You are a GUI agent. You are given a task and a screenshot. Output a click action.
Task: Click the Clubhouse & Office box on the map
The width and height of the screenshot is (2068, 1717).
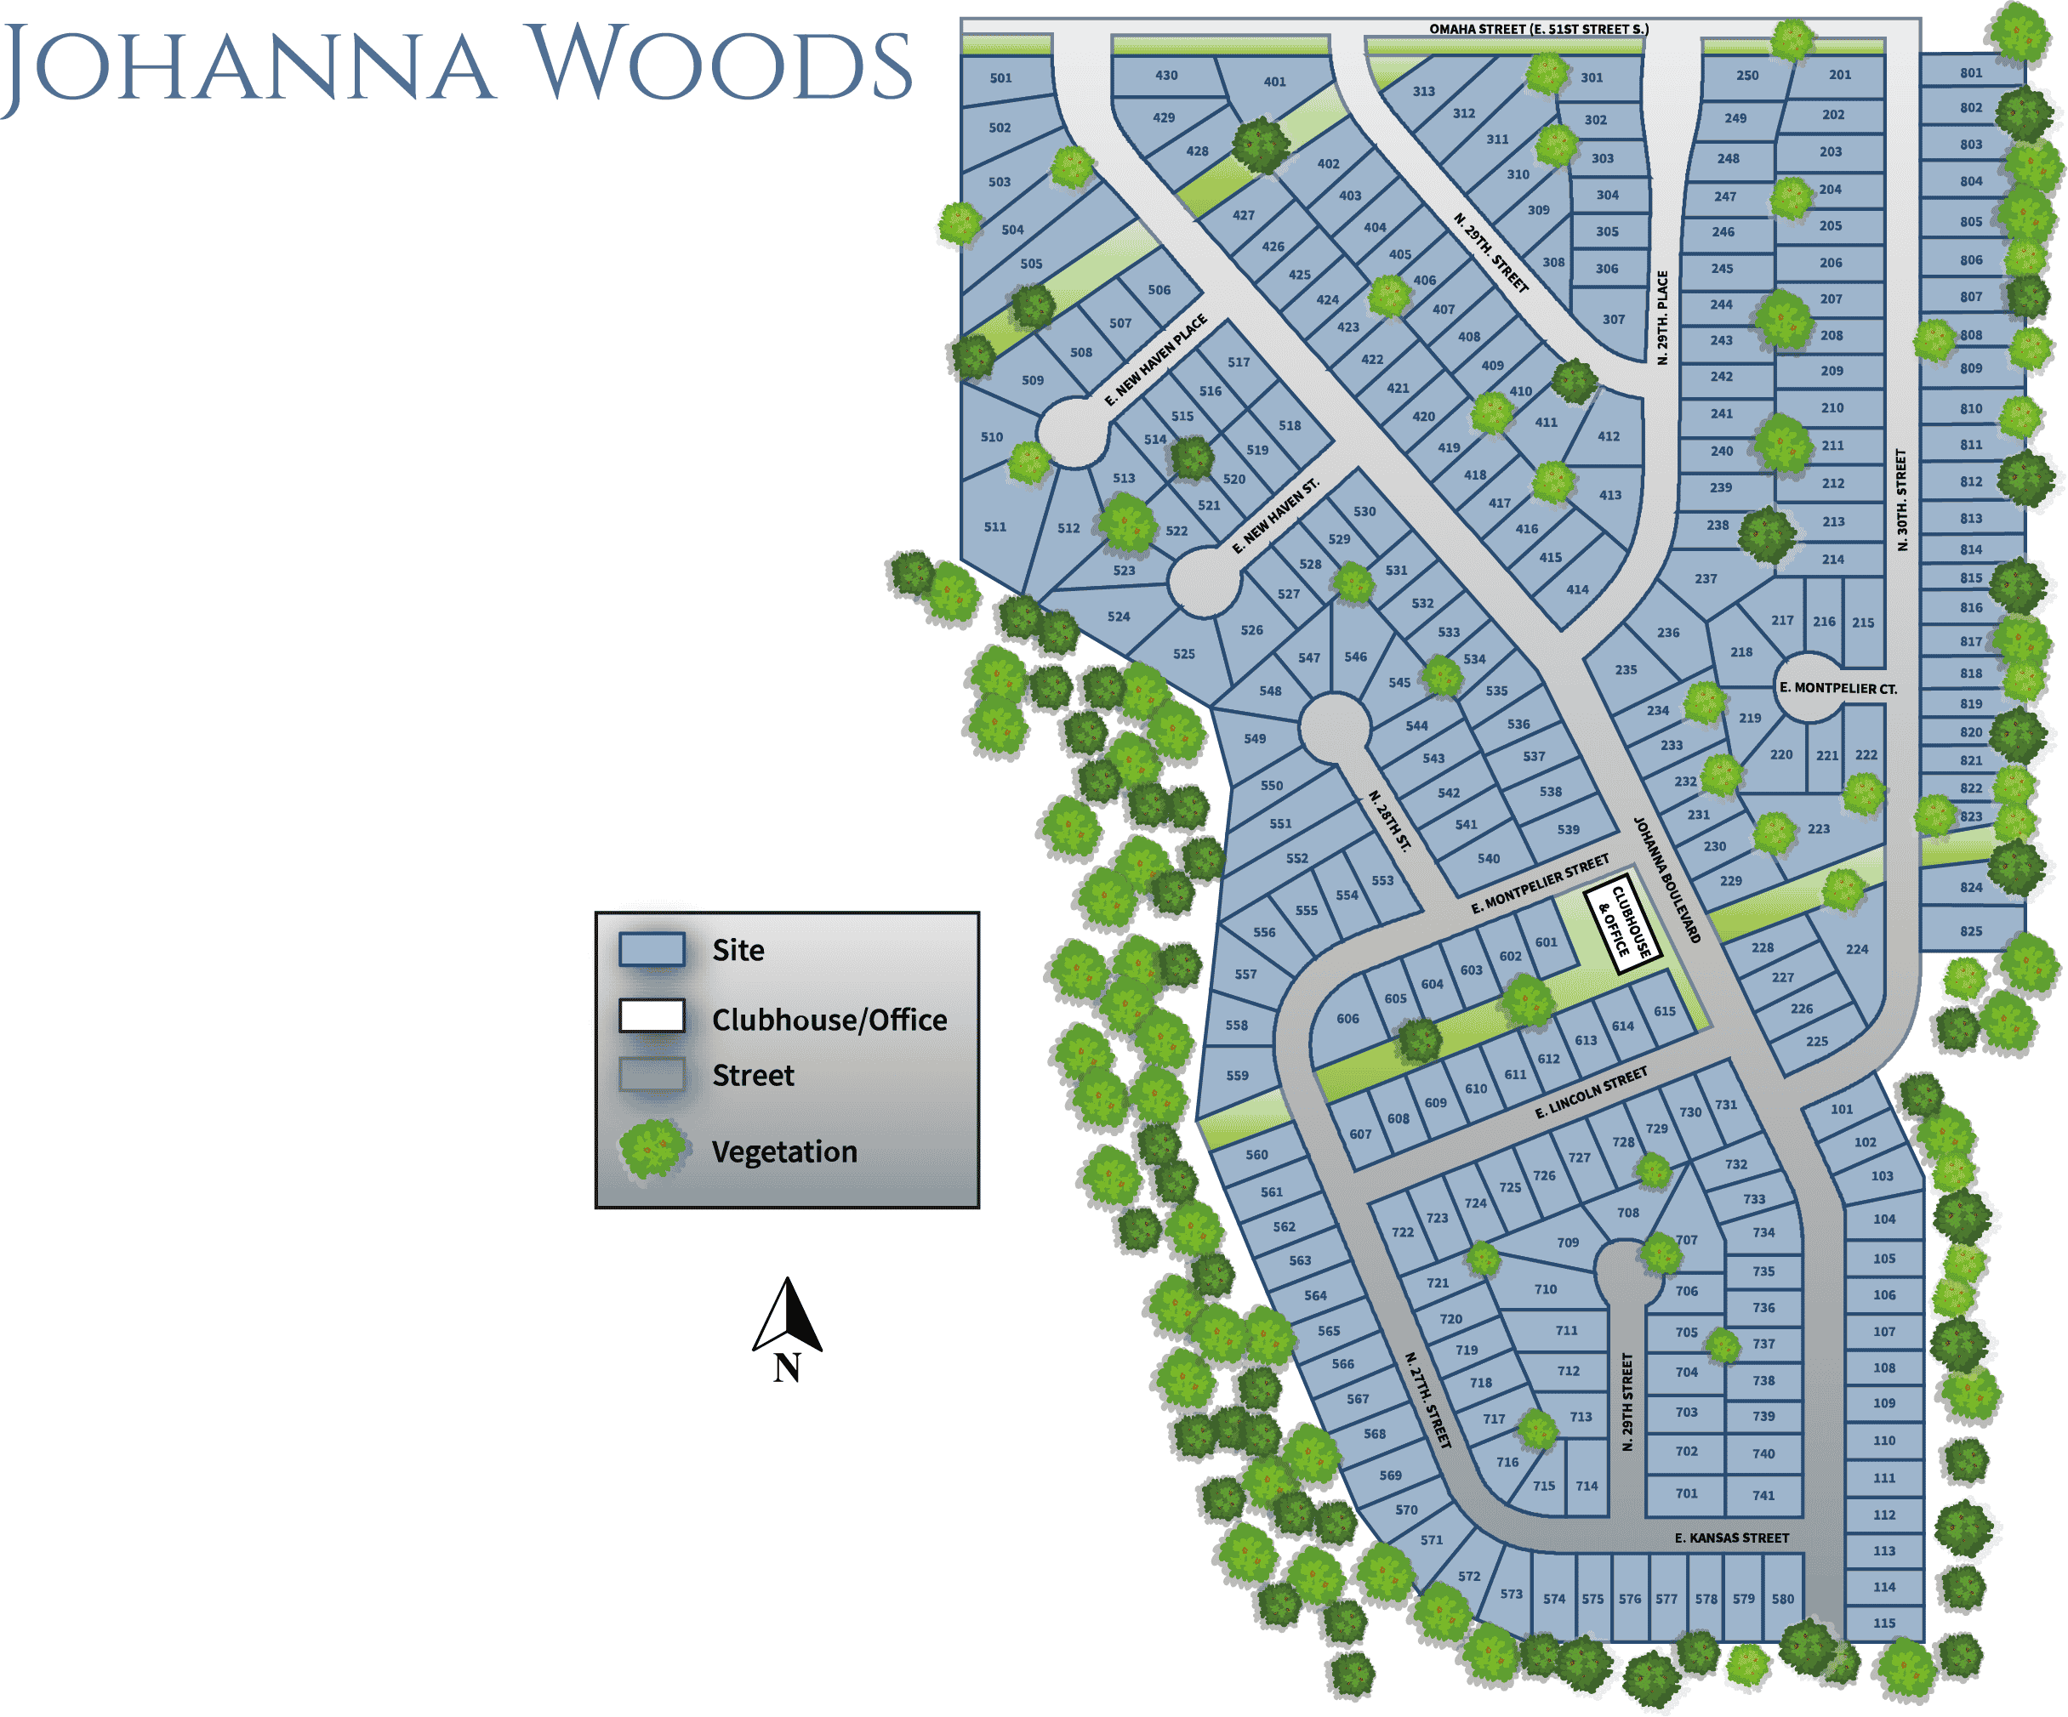tap(1622, 928)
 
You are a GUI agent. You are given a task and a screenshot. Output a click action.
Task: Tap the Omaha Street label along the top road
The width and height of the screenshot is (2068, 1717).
tap(1538, 30)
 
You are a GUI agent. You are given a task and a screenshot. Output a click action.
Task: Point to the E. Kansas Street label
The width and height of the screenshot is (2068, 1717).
tap(1732, 1537)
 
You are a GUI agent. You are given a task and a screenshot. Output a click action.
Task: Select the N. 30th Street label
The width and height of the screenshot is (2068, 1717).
tap(1901, 499)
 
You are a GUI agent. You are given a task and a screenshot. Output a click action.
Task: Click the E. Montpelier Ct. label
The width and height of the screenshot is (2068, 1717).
tap(1837, 688)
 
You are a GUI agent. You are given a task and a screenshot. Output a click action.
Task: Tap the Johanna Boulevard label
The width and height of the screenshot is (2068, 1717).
tap(1667, 879)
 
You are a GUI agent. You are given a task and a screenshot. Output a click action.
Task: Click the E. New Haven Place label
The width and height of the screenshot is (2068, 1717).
tap(1155, 361)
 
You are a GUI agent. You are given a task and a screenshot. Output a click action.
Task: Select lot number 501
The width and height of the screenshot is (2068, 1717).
tap(1000, 77)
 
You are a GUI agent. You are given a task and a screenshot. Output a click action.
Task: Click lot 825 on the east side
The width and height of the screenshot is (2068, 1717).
tap(1970, 930)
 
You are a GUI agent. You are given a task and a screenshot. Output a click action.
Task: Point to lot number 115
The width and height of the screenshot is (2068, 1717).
tap(1884, 1623)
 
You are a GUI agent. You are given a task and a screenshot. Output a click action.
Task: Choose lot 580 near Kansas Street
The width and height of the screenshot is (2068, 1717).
tap(1782, 1599)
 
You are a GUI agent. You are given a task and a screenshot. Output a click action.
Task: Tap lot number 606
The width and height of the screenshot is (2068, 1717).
tap(1348, 1019)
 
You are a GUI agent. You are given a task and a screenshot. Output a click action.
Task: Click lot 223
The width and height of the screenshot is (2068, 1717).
tap(1819, 829)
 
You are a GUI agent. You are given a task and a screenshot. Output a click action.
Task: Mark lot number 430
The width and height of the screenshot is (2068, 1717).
tap(1166, 75)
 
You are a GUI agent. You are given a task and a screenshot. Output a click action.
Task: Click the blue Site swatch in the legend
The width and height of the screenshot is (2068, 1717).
tap(651, 950)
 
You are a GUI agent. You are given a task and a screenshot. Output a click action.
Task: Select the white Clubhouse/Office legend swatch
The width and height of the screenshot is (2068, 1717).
tap(651, 1015)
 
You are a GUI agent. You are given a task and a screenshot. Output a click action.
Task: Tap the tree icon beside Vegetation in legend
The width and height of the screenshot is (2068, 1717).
tap(651, 1148)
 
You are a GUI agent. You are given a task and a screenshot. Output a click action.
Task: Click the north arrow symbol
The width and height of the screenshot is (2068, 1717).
tap(787, 1317)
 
